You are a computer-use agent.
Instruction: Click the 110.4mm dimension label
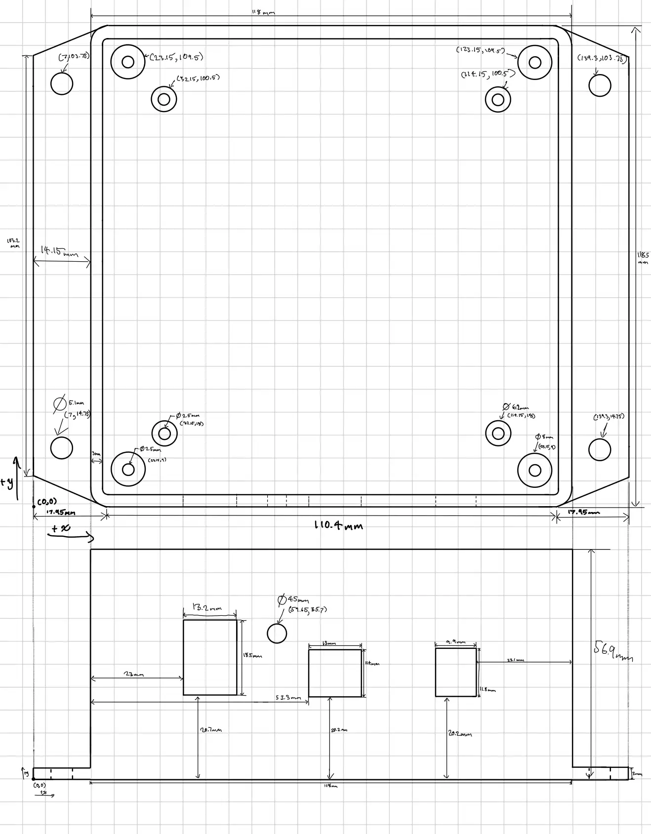tap(338, 525)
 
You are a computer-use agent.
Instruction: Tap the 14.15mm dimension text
tap(59, 251)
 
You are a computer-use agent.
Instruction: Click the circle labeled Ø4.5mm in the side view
tap(277, 634)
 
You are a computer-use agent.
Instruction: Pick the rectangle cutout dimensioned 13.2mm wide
tap(210, 657)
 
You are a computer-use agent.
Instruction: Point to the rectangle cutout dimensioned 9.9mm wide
tap(456, 672)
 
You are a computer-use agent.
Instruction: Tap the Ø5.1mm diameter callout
tap(69, 403)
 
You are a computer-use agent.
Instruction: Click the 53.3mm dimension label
tap(288, 698)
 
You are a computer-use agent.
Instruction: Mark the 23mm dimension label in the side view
tap(133, 674)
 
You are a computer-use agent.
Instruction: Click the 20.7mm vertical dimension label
tap(211, 730)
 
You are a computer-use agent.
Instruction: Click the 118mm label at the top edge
tap(263, 12)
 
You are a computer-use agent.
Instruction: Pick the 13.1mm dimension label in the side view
tap(515, 660)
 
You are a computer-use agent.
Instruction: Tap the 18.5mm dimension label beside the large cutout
tap(252, 656)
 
